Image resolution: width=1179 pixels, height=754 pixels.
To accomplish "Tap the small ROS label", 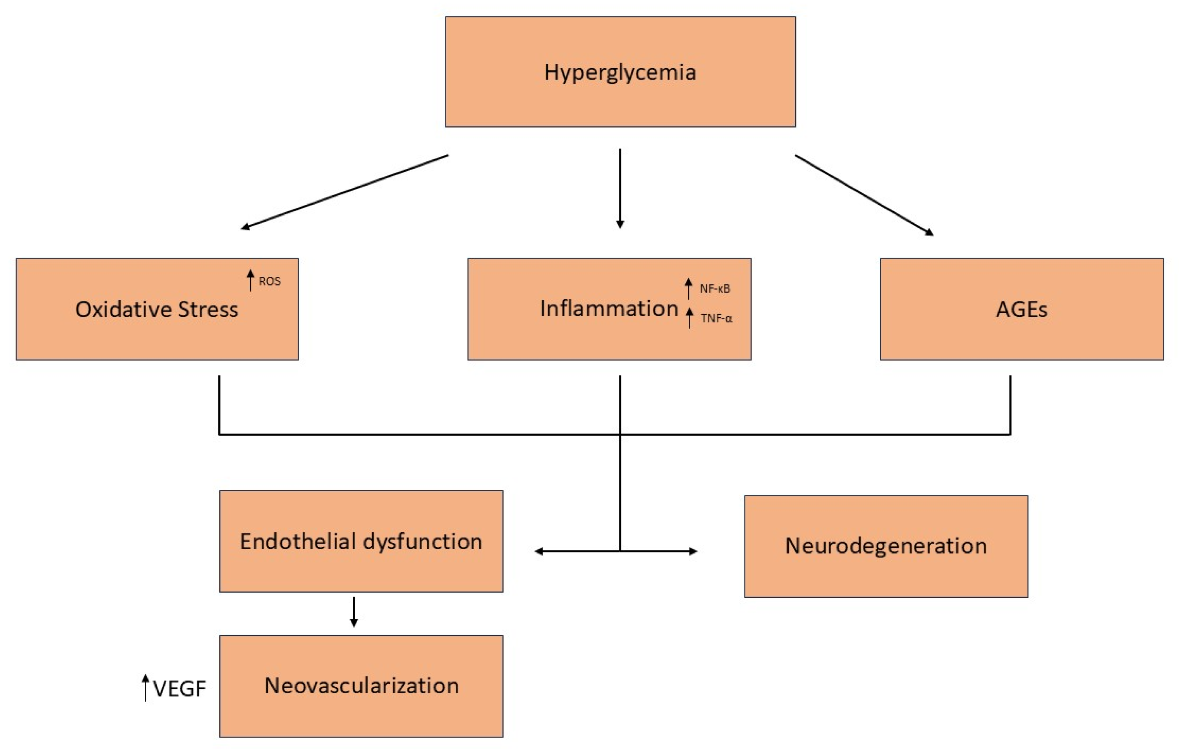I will [x=270, y=282].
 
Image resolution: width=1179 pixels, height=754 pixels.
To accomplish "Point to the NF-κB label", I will [x=715, y=289].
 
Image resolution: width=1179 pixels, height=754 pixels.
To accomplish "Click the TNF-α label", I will [x=716, y=319].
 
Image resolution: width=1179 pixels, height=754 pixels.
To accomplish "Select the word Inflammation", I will [x=609, y=308].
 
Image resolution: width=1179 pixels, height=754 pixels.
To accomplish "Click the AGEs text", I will [x=1021, y=309].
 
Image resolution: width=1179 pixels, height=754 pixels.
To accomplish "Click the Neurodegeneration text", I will [x=886, y=546].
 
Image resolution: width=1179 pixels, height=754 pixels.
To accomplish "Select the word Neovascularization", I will [x=362, y=685].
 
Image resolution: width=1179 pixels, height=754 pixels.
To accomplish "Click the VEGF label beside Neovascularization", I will [x=179, y=689].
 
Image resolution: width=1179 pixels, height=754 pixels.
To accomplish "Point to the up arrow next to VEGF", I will [x=145, y=688].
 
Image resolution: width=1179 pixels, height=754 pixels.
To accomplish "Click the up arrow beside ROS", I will [x=250, y=280].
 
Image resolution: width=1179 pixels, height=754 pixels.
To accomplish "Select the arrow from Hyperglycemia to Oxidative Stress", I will [x=344, y=192].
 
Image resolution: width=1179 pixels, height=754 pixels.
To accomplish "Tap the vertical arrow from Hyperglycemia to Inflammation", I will [x=620, y=188].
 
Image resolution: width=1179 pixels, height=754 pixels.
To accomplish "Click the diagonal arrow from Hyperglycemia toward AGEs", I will [x=864, y=195].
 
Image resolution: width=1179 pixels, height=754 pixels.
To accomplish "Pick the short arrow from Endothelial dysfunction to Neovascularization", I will [x=354, y=612].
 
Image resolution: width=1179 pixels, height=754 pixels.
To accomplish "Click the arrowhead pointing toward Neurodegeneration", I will [x=693, y=551].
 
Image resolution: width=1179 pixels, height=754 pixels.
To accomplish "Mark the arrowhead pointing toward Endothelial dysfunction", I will [x=539, y=551].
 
